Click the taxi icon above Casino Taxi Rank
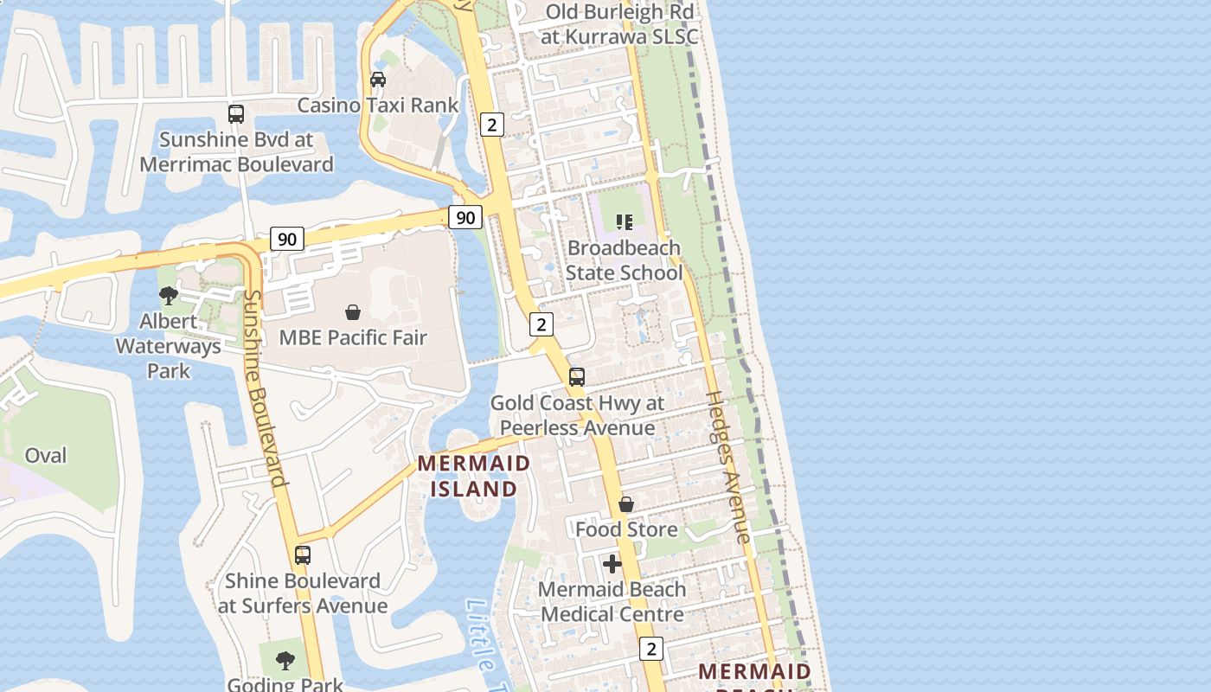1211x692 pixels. coord(378,80)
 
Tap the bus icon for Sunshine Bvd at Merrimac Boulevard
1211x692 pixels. coord(235,113)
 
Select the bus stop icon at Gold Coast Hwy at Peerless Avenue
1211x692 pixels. coord(577,377)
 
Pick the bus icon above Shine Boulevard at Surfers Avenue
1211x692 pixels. coord(302,555)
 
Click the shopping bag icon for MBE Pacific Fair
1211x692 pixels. coord(353,312)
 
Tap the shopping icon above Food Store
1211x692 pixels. coord(626,504)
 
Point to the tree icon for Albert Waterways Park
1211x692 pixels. coord(169,296)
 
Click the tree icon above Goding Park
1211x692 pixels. coord(285,662)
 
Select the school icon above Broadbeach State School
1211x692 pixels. coord(625,222)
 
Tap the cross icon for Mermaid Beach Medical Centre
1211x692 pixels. coord(612,565)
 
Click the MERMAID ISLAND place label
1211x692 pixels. coord(474,476)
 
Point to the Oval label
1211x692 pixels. coord(46,455)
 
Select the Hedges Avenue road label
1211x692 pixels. coord(729,467)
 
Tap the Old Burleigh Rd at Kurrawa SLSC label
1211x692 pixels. coord(619,24)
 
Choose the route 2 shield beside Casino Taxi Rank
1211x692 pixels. coord(492,125)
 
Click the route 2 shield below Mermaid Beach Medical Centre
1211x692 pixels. coord(651,649)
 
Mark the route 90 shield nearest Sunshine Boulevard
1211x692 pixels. coord(287,239)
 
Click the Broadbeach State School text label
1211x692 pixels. coord(624,260)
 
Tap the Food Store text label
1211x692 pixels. coord(626,529)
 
